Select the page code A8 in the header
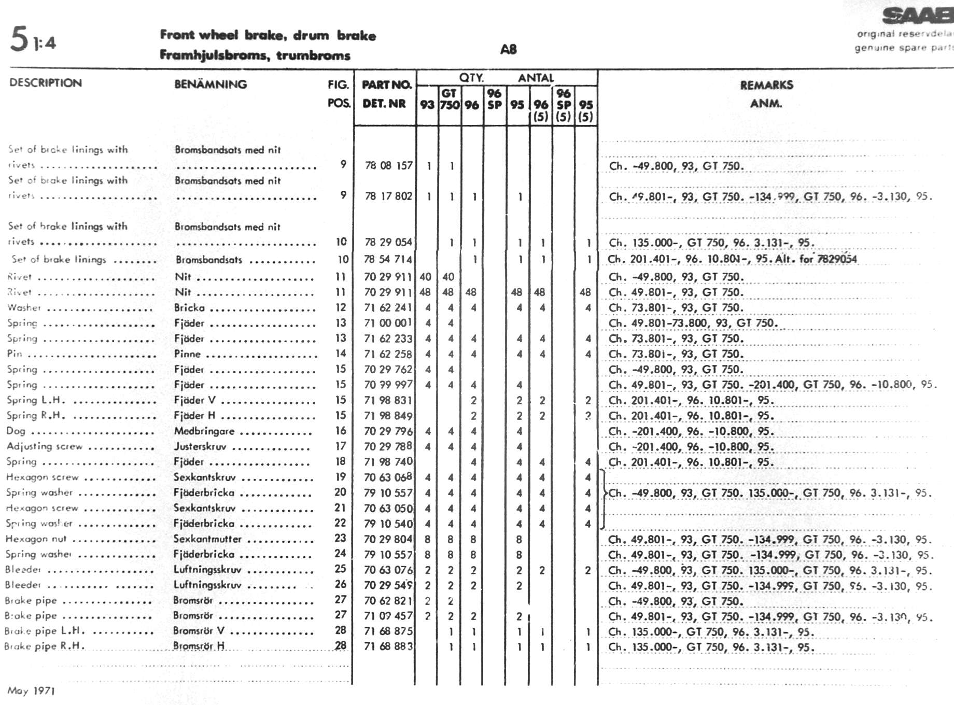pyautogui.click(x=508, y=49)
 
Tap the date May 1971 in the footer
pyautogui.click(x=31, y=690)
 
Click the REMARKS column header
pyautogui.click(x=766, y=85)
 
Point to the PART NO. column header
pyautogui.click(x=386, y=85)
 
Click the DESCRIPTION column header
pyautogui.click(x=46, y=83)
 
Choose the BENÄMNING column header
pyautogui.click(x=211, y=84)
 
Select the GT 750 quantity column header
pyautogui.click(x=450, y=100)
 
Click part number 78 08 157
pyautogui.click(x=388, y=165)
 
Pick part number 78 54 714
pyautogui.click(x=388, y=259)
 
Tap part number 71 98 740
pyautogui.click(x=388, y=461)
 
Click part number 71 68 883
pyautogui.click(x=388, y=646)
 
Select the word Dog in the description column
pyautogui.click(x=16, y=431)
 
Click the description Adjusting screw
pyautogui.click(x=45, y=446)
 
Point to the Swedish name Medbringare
pyautogui.click(x=204, y=431)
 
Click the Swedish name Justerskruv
pyautogui.click(x=200, y=446)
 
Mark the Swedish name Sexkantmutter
pyautogui.click(x=207, y=539)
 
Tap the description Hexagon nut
pyautogui.click(x=36, y=539)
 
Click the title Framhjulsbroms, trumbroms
pyautogui.click(x=255, y=55)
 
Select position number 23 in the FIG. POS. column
pyautogui.click(x=340, y=538)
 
